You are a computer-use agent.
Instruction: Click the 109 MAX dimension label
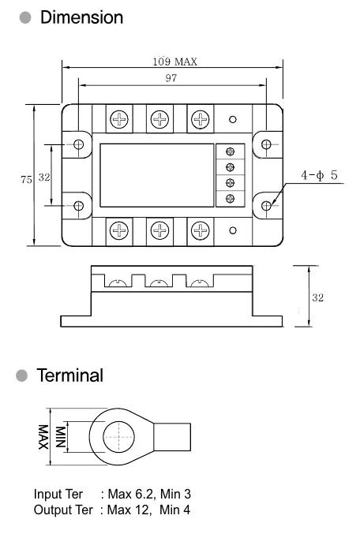tap(174, 62)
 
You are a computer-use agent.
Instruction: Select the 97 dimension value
tap(171, 78)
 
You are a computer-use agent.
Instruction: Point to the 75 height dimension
tap(26, 179)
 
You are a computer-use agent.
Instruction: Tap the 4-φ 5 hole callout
tap(319, 175)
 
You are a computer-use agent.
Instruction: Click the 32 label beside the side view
tap(317, 297)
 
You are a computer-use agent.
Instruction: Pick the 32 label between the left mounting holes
tap(44, 177)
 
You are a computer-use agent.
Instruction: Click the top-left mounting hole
tap(78, 144)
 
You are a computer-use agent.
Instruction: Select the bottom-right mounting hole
tap(266, 205)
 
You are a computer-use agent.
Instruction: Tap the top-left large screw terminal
tap(119, 119)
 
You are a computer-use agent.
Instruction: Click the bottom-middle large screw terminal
tap(159, 230)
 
